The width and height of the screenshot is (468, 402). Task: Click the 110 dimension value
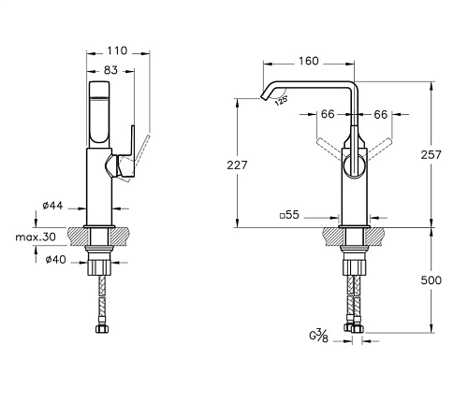[117, 50]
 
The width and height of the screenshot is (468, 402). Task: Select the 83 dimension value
[110, 70]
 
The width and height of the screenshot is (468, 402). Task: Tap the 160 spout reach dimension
[309, 61]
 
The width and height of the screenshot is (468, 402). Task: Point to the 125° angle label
[281, 101]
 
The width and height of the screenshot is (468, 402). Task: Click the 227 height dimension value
[237, 165]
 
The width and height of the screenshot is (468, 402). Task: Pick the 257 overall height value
[431, 154]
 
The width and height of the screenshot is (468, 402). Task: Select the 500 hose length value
[431, 280]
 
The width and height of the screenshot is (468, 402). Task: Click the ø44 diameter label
[52, 206]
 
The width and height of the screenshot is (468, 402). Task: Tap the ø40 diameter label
[56, 259]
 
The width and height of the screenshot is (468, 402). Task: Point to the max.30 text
[36, 237]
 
